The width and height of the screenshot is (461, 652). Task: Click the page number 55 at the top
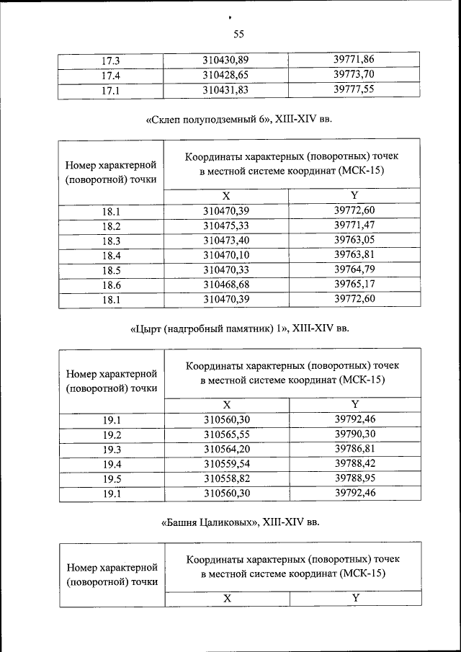point(239,34)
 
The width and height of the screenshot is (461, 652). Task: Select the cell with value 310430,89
point(225,60)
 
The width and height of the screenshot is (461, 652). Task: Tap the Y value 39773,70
point(354,74)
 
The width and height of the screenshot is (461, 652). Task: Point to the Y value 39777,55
point(354,90)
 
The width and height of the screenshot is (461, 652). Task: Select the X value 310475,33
point(225,226)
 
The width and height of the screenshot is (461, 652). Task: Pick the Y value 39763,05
point(354,240)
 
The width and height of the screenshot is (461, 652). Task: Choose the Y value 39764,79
point(354,269)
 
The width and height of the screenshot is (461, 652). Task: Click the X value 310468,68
point(225,285)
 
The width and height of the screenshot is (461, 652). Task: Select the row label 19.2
point(112,435)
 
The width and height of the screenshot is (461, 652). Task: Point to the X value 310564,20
point(227,450)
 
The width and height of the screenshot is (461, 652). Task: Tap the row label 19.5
point(112,479)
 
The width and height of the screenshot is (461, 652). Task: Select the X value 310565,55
point(227,435)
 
